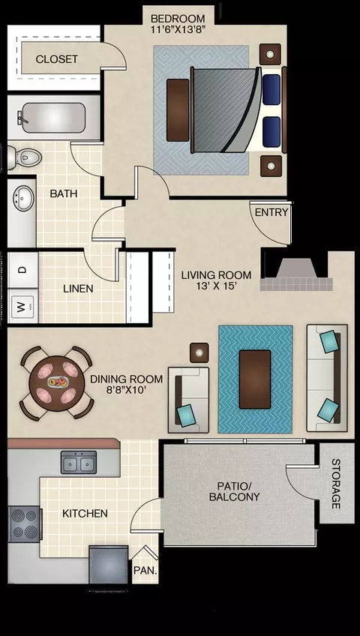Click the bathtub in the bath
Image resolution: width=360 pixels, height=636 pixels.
click(53, 118)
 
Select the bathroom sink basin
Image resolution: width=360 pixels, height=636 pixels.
click(23, 197)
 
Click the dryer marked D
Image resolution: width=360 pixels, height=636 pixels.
click(22, 270)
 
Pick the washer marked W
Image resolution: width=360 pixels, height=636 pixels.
click(22, 306)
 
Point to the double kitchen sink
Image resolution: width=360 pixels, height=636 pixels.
click(79, 462)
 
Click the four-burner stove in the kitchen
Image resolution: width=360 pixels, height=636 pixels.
click(24, 524)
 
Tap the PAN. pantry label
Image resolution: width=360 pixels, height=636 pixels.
click(145, 570)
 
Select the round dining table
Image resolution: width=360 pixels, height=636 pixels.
click(57, 383)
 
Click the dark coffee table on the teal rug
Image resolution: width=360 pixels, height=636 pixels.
click(255, 379)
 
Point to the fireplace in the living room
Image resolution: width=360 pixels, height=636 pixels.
click(296, 275)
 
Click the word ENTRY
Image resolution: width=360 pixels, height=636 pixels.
click(271, 212)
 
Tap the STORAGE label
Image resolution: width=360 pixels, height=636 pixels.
click(336, 484)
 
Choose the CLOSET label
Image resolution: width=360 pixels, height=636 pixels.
click(57, 59)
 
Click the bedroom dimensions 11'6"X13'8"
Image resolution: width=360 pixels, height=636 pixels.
click(178, 29)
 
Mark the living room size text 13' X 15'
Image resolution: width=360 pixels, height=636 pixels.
click(216, 286)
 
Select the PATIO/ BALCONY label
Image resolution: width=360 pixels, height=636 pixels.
click(234, 490)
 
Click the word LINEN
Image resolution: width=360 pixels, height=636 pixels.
click(78, 289)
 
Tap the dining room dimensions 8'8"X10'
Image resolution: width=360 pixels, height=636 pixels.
click(127, 390)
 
